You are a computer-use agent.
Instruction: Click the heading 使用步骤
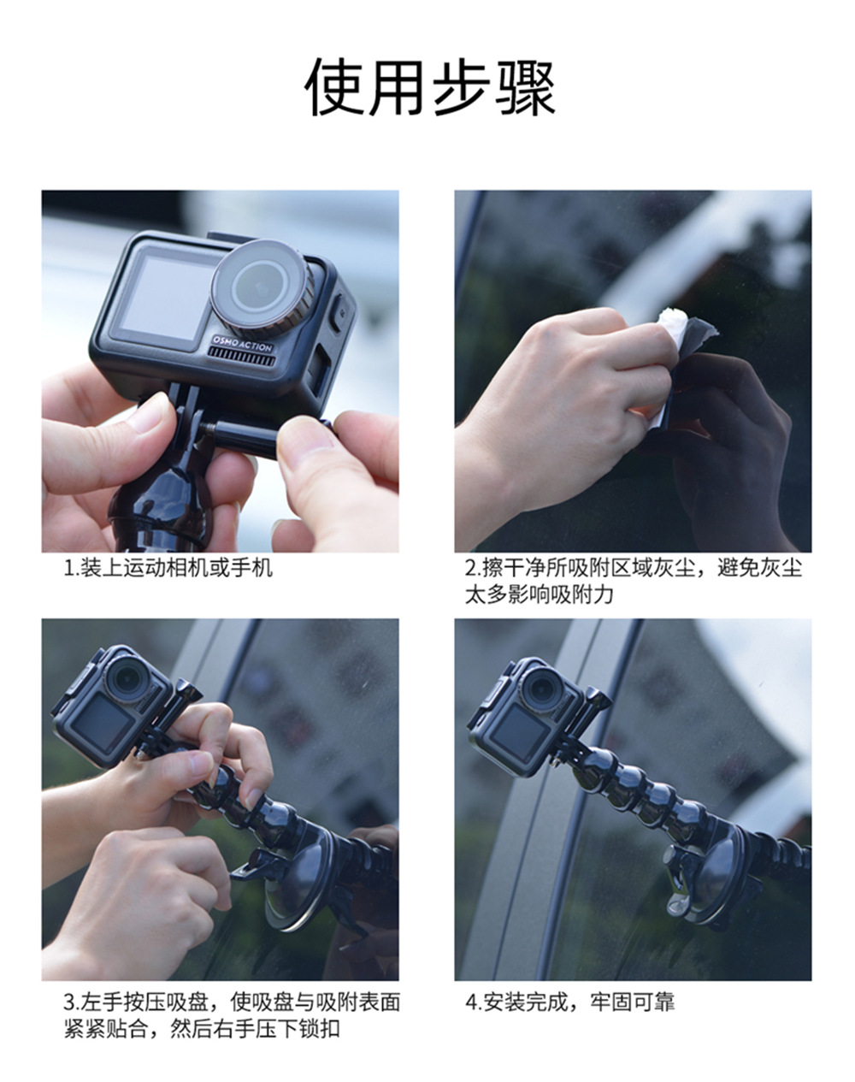point(430,87)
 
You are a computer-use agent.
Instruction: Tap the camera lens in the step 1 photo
point(262,287)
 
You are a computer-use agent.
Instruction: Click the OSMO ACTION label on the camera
point(242,345)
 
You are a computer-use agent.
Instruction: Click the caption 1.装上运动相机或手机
point(168,568)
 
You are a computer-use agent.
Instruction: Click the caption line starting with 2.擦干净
point(634,568)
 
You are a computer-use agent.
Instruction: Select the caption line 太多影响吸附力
point(539,594)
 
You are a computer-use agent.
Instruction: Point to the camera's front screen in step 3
point(103,724)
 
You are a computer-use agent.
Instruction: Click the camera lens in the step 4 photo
point(543,689)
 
